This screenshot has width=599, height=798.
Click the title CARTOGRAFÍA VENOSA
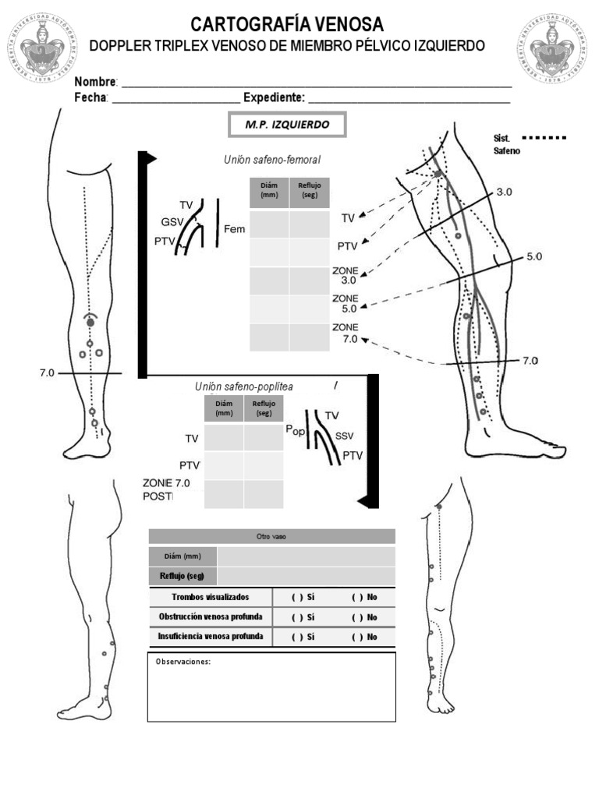287,24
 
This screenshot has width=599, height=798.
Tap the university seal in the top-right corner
553,48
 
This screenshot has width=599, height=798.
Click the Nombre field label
95,82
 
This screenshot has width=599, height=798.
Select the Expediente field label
273,97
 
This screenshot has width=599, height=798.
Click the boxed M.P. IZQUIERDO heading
286,125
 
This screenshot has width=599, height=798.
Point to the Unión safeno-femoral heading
271,159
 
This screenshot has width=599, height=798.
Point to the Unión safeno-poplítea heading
244,387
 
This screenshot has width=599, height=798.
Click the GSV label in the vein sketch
172,221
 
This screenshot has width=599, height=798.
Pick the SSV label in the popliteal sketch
344,436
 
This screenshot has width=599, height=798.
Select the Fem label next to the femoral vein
234,229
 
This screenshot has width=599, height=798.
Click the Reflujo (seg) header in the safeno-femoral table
310,191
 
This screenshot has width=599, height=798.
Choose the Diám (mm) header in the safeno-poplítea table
224,408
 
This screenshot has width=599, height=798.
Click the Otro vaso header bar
271,536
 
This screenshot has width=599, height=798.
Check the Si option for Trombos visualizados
303,597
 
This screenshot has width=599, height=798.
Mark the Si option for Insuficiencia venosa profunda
303,637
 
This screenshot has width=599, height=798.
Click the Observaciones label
183,662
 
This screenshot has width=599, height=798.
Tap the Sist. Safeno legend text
504,144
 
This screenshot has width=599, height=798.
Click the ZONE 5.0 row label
345,303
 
